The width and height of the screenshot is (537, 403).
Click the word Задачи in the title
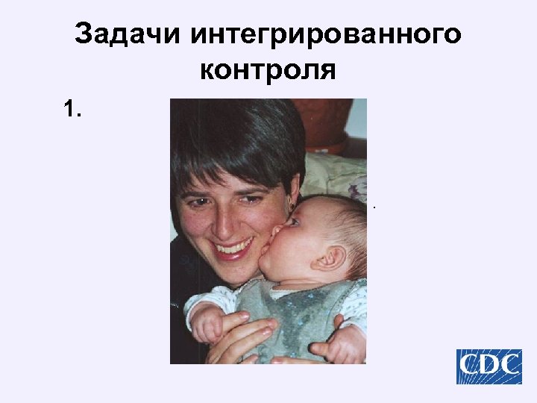[x=127, y=34]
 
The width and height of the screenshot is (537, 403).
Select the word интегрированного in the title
[x=325, y=34]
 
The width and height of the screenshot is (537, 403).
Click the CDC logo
[x=489, y=366]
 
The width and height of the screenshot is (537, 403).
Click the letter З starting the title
[x=84, y=34]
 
